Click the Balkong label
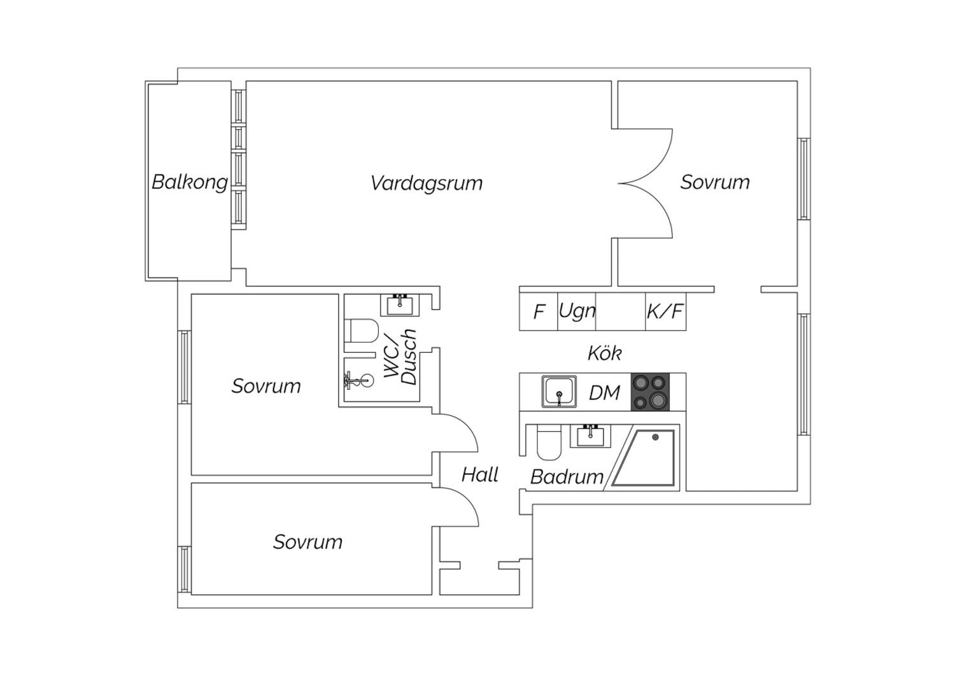point(190,183)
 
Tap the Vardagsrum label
point(427,183)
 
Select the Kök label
point(605,353)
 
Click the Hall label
point(480,474)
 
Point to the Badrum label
point(567,477)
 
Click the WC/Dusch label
point(400,357)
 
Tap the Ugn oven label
point(577,311)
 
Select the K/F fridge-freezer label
point(665,311)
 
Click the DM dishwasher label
point(604,393)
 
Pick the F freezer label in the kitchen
point(539,311)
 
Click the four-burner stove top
point(650,392)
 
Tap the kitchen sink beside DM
point(559,392)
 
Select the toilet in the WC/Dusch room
point(362,330)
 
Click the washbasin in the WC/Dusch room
point(399,305)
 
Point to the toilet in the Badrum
point(549,443)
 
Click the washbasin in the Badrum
point(590,436)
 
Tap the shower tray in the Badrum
point(644,458)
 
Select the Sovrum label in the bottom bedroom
point(308,542)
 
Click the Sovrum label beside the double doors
point(715,182)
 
